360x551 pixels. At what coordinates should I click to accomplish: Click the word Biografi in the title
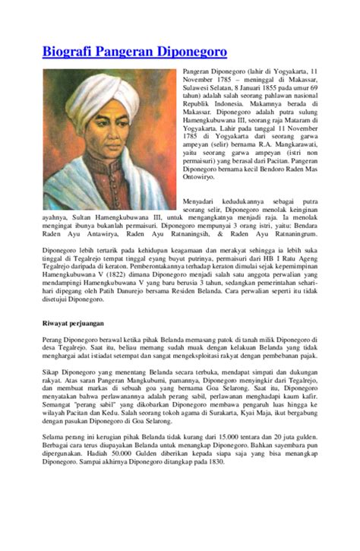click(x=69, y=53)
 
